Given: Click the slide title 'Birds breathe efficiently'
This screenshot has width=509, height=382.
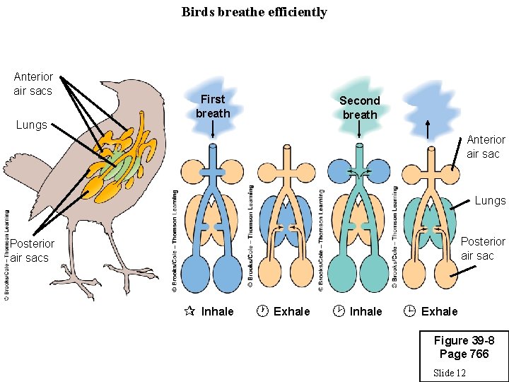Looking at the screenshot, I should (254, 12).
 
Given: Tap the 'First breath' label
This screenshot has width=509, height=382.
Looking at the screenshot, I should (213, 106).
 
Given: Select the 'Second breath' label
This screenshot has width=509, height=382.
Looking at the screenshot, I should (360, 108).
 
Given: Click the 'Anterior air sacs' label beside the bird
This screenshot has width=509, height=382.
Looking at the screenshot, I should (33, 83).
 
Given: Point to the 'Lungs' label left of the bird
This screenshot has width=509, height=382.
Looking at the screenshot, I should (31, 125).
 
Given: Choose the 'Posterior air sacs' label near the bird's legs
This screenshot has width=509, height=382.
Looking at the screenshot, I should (31, 250).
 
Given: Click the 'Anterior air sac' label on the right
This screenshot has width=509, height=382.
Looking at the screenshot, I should (486, 146).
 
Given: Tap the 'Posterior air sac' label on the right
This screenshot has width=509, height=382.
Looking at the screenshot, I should (483, 248).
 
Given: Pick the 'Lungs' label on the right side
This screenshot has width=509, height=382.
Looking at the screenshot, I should (490, 201).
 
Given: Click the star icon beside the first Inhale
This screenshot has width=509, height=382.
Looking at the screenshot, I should (189, 311).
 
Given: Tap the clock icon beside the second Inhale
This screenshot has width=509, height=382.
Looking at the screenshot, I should (339, 311).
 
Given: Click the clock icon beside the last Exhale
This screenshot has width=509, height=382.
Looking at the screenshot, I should (409, 311).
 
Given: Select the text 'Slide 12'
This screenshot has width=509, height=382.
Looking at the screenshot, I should (449, 372).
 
